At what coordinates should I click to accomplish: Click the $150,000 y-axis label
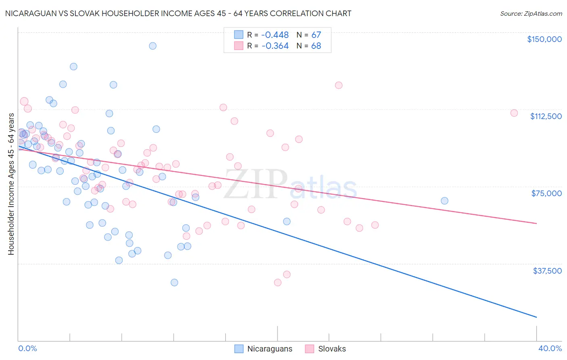(x=544, y=39)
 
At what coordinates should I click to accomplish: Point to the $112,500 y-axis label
(x=546, y=116)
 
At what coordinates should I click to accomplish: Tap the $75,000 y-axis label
(x=546, y=193)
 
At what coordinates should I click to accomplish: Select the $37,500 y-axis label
(x=547, y=271)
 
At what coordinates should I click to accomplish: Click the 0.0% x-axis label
(x=27, y=348)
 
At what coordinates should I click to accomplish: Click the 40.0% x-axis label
(x=550, y=348)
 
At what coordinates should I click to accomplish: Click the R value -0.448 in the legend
(x=275, y=35)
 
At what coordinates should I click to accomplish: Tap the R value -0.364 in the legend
(x=275, y=46)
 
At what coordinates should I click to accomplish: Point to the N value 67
(x=316, y=35)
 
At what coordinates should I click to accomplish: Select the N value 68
(x=316, y=46)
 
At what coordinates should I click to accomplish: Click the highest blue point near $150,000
(x=152, y=46)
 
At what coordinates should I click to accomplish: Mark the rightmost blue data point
(x=444, y=201)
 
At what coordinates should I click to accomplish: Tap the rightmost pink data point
(x=514, y=113)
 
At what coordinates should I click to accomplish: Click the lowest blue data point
(x=174, y=283)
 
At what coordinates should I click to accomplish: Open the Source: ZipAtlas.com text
(x=531, y=14)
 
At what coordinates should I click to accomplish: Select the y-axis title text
(x=11, y=184)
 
